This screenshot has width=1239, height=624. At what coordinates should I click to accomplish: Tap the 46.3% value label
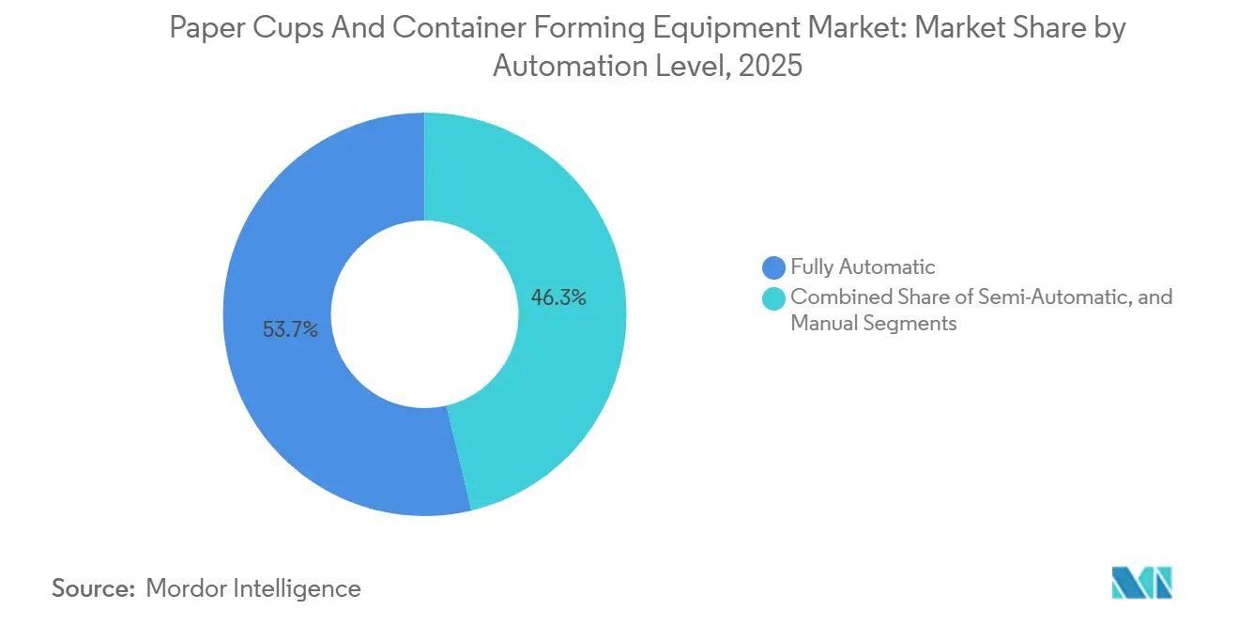click(559, 298)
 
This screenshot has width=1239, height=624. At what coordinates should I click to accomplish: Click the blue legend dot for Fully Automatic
click(774, 267)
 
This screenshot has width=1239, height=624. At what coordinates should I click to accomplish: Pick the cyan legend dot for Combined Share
click(774, 298)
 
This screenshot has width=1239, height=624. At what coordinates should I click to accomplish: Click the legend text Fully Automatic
click(863, 267)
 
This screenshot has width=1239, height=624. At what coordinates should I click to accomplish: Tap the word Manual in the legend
click(822, 323)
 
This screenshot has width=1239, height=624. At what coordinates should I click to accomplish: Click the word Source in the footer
click(92, 588)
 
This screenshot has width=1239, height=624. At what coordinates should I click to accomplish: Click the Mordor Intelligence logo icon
click(1141, 584)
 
